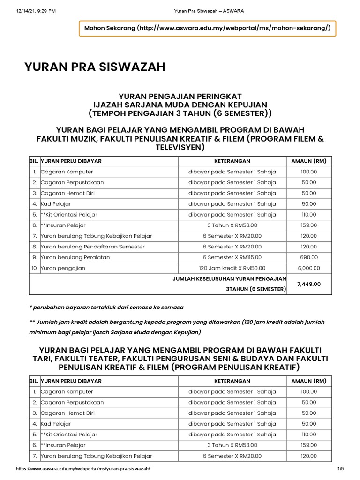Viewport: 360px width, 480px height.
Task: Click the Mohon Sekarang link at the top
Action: [207, 28]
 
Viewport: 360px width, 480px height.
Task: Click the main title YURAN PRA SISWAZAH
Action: [95, 67]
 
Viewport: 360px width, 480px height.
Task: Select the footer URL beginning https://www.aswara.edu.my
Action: [83, 468]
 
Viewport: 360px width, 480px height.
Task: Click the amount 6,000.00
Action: [309, 268]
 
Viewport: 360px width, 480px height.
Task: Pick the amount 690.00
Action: [309, 257]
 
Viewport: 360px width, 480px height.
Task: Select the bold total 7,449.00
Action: [309, 284]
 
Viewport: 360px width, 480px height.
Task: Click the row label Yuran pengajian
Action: [63, 268]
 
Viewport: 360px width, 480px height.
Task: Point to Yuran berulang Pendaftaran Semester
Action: [92, 247]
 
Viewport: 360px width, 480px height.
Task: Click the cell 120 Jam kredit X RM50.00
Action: [232, 268]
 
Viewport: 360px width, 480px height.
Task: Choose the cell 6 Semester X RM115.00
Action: [232, 257]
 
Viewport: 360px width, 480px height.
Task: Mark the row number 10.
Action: [34, 268]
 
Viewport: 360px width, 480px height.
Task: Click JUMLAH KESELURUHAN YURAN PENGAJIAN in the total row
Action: [229, 278]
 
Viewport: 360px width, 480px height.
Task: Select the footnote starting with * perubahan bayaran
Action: [106, 307]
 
